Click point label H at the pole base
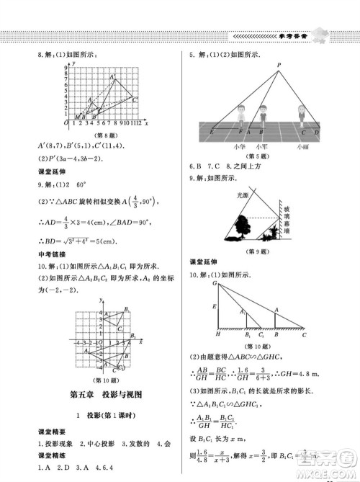217,334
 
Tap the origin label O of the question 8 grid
66,124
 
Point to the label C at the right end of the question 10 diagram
304,334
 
